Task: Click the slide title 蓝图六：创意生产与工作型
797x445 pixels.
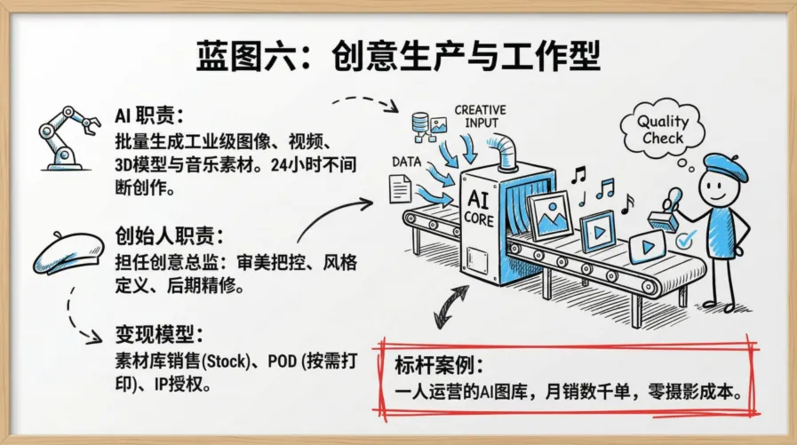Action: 398,58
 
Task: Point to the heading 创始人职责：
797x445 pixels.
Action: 163,237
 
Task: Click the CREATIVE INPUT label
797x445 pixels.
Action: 481,116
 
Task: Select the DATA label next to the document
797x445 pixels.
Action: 406,163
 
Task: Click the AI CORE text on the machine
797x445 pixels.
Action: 479,208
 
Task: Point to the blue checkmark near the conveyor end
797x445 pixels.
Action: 685,239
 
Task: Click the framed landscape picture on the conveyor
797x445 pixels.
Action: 548,214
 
